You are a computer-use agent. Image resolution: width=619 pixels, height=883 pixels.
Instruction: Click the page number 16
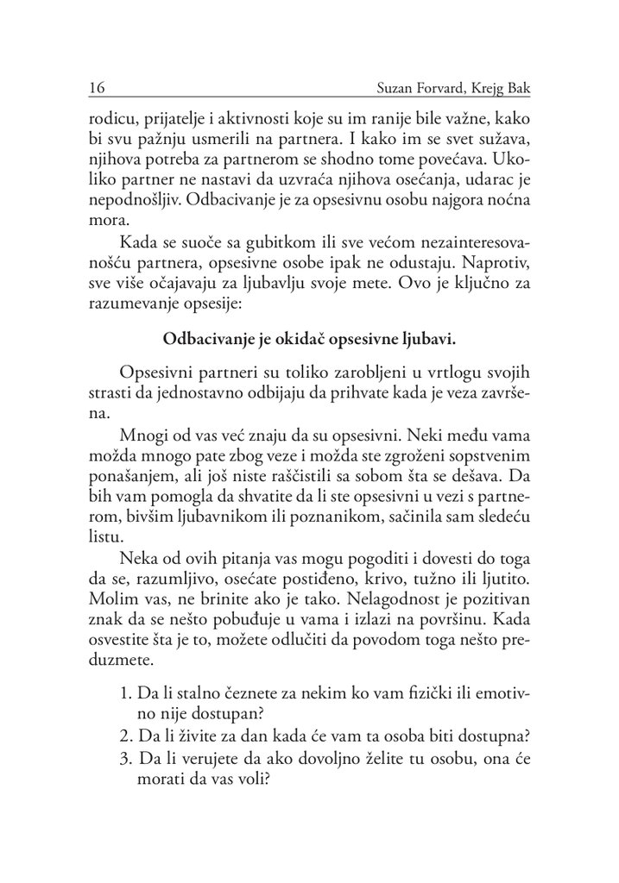(x=96, y=87)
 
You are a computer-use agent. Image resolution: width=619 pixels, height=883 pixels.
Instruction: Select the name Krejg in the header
(x=491, y=87)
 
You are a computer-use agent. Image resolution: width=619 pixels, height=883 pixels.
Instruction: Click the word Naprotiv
(x=488, y=259)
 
